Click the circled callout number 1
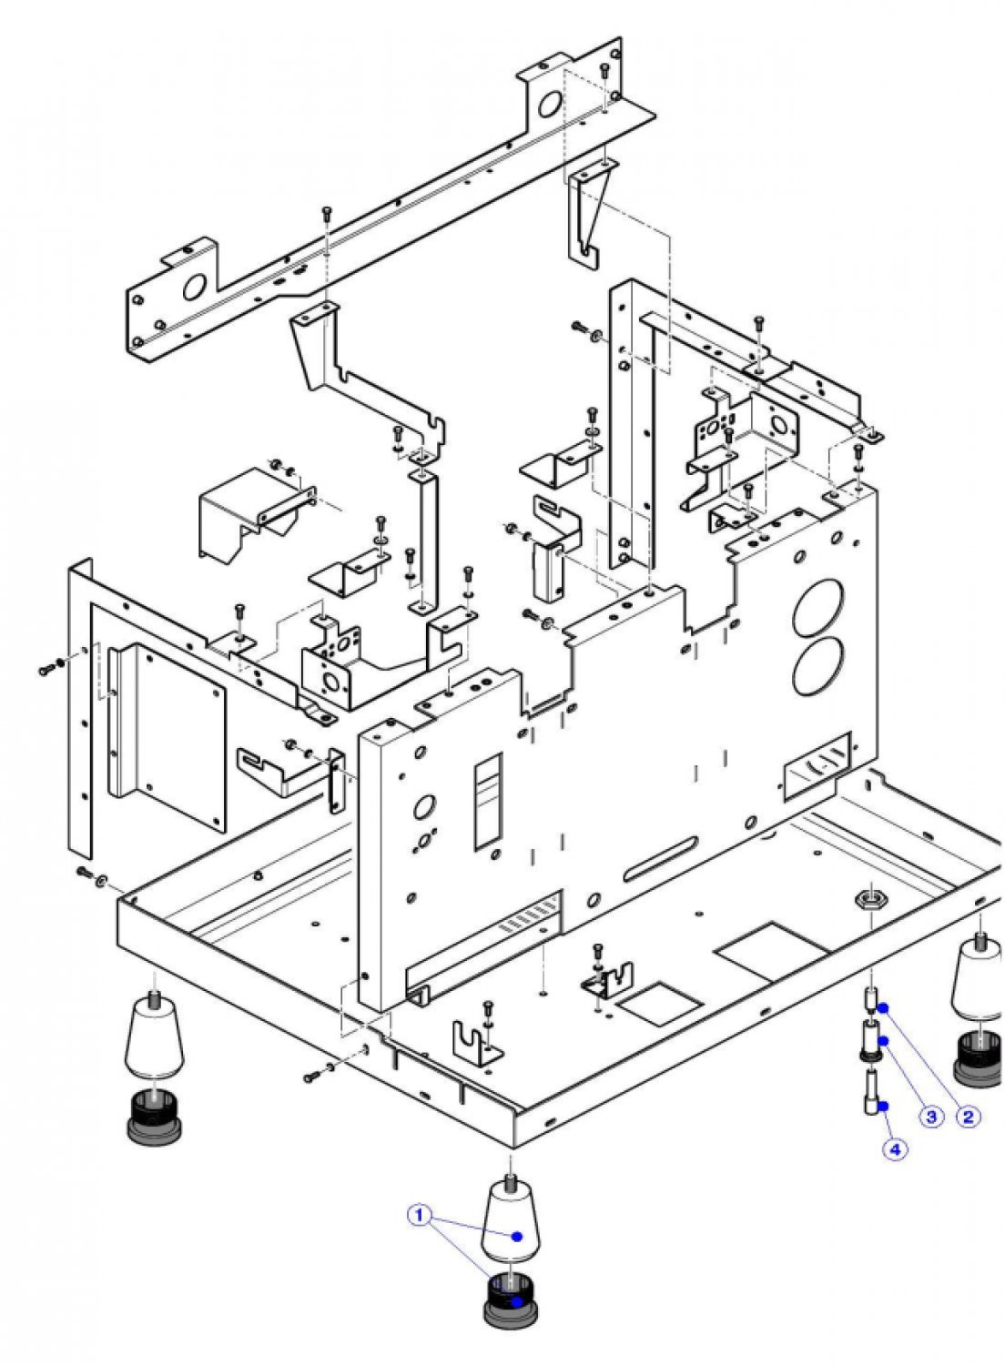point(419,1215)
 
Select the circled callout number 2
point(967,1117)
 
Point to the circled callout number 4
point(895,1149)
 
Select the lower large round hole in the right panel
point(817,664)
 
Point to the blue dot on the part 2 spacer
point(882,1008)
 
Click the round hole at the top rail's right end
point(550,105)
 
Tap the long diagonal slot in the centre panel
point(659,859)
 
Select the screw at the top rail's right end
point(604,72)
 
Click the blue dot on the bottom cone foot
point(517,1235)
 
